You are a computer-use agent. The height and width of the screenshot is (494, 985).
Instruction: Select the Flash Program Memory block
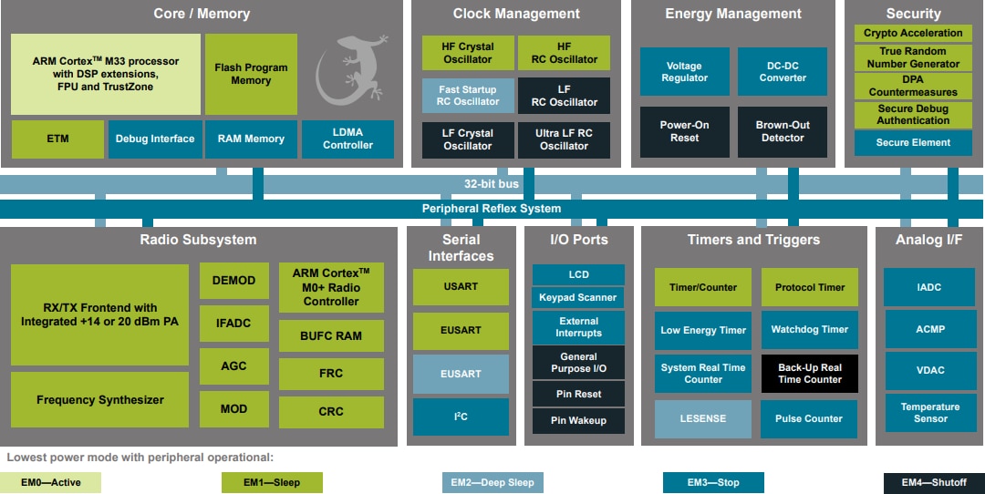click(251, 74)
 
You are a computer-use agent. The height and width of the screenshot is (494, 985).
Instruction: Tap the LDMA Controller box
click(347, 139)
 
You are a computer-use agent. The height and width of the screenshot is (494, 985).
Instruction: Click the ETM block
click(57, 139)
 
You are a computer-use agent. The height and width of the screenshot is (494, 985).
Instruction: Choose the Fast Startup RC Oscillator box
click(467, 96)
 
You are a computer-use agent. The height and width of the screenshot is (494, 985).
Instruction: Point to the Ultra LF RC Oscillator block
click(564, 139)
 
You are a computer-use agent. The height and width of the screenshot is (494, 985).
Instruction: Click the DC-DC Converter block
click(782, 72)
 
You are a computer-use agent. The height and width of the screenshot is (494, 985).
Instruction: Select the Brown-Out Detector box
click(782, 131)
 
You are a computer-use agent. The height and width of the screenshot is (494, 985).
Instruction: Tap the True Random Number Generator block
click(913, 57)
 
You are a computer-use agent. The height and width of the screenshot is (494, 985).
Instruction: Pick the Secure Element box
click(913, 143)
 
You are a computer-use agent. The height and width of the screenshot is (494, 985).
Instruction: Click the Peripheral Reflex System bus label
click(491, 209)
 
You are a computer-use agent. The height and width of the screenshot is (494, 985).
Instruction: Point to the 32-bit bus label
click(491, 184)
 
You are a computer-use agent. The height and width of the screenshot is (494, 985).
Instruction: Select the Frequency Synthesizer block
click(100, 399)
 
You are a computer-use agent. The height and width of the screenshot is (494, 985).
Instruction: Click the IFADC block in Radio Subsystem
click(233, 324)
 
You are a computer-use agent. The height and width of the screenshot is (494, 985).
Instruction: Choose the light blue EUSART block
click(461, 374)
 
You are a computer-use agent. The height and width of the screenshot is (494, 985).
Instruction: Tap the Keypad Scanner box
click(578, 297)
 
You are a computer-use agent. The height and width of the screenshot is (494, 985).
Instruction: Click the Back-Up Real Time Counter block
click(809, 374)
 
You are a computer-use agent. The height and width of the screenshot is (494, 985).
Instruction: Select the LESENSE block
click(703, 418)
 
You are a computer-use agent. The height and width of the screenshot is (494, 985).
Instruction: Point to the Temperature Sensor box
click(929, 413)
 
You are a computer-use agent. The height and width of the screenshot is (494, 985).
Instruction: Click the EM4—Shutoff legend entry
click(933, 482)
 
